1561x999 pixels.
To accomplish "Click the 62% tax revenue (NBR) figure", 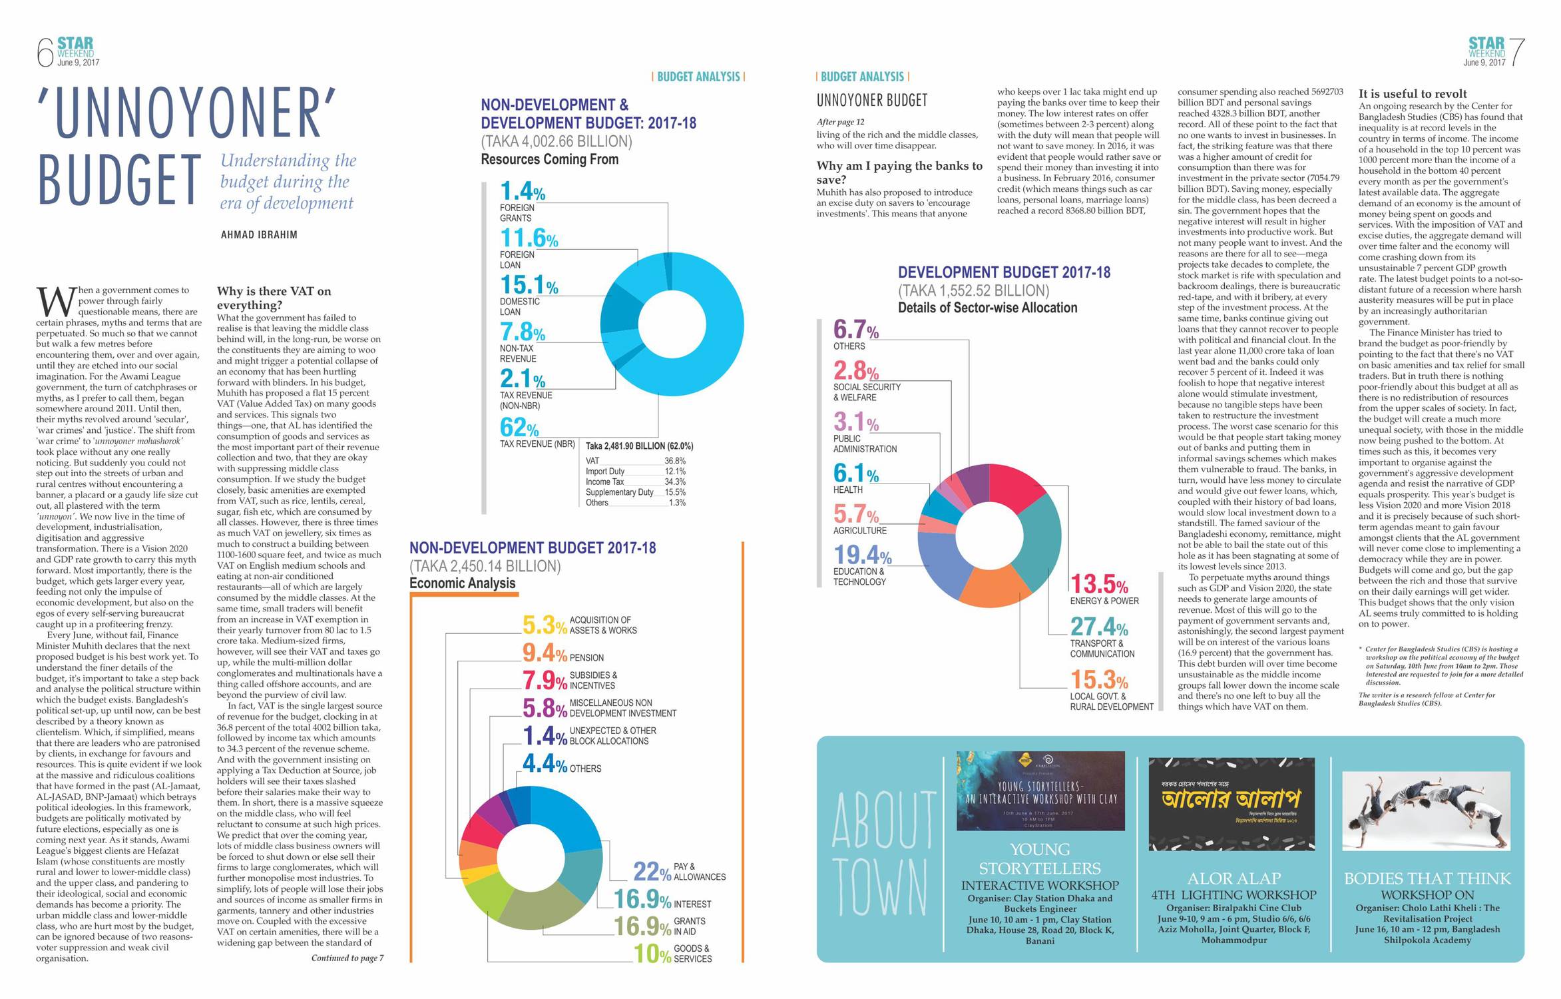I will (519, 427).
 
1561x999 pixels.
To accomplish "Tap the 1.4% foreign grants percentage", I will (523, 192).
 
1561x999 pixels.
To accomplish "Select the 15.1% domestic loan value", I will (529, 286).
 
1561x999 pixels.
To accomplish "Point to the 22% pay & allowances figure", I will (652, 871).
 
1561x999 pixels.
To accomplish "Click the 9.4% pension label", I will (545, 653).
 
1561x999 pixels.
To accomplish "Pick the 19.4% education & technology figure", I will (862, 555).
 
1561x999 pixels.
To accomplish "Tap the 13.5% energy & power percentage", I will (1099, 584).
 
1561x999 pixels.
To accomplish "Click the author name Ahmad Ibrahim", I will (259, 234).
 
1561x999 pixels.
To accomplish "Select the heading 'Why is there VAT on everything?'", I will (274, 298).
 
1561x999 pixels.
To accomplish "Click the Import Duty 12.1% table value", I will (675, 472).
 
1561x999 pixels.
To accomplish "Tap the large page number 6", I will (45, 53).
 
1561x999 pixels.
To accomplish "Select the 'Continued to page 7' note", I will (347, 958).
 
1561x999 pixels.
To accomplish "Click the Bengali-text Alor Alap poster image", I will (1231, 804).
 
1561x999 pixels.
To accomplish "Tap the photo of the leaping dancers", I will (1426, 811).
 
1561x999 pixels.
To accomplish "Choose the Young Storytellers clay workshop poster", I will (1040, 791).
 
